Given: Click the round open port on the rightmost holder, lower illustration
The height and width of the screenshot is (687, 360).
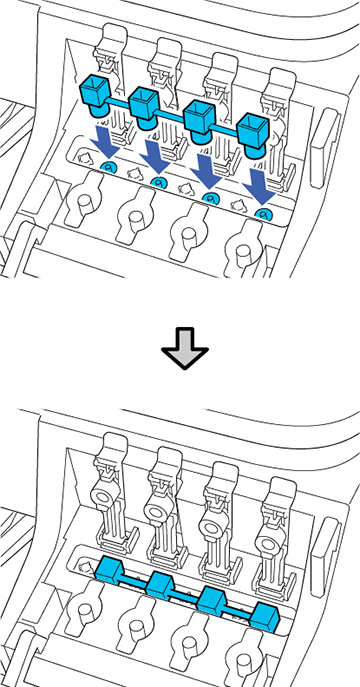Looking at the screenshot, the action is click(270, 542).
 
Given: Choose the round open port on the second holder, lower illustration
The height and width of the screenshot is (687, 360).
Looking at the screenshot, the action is click(159, 510).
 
